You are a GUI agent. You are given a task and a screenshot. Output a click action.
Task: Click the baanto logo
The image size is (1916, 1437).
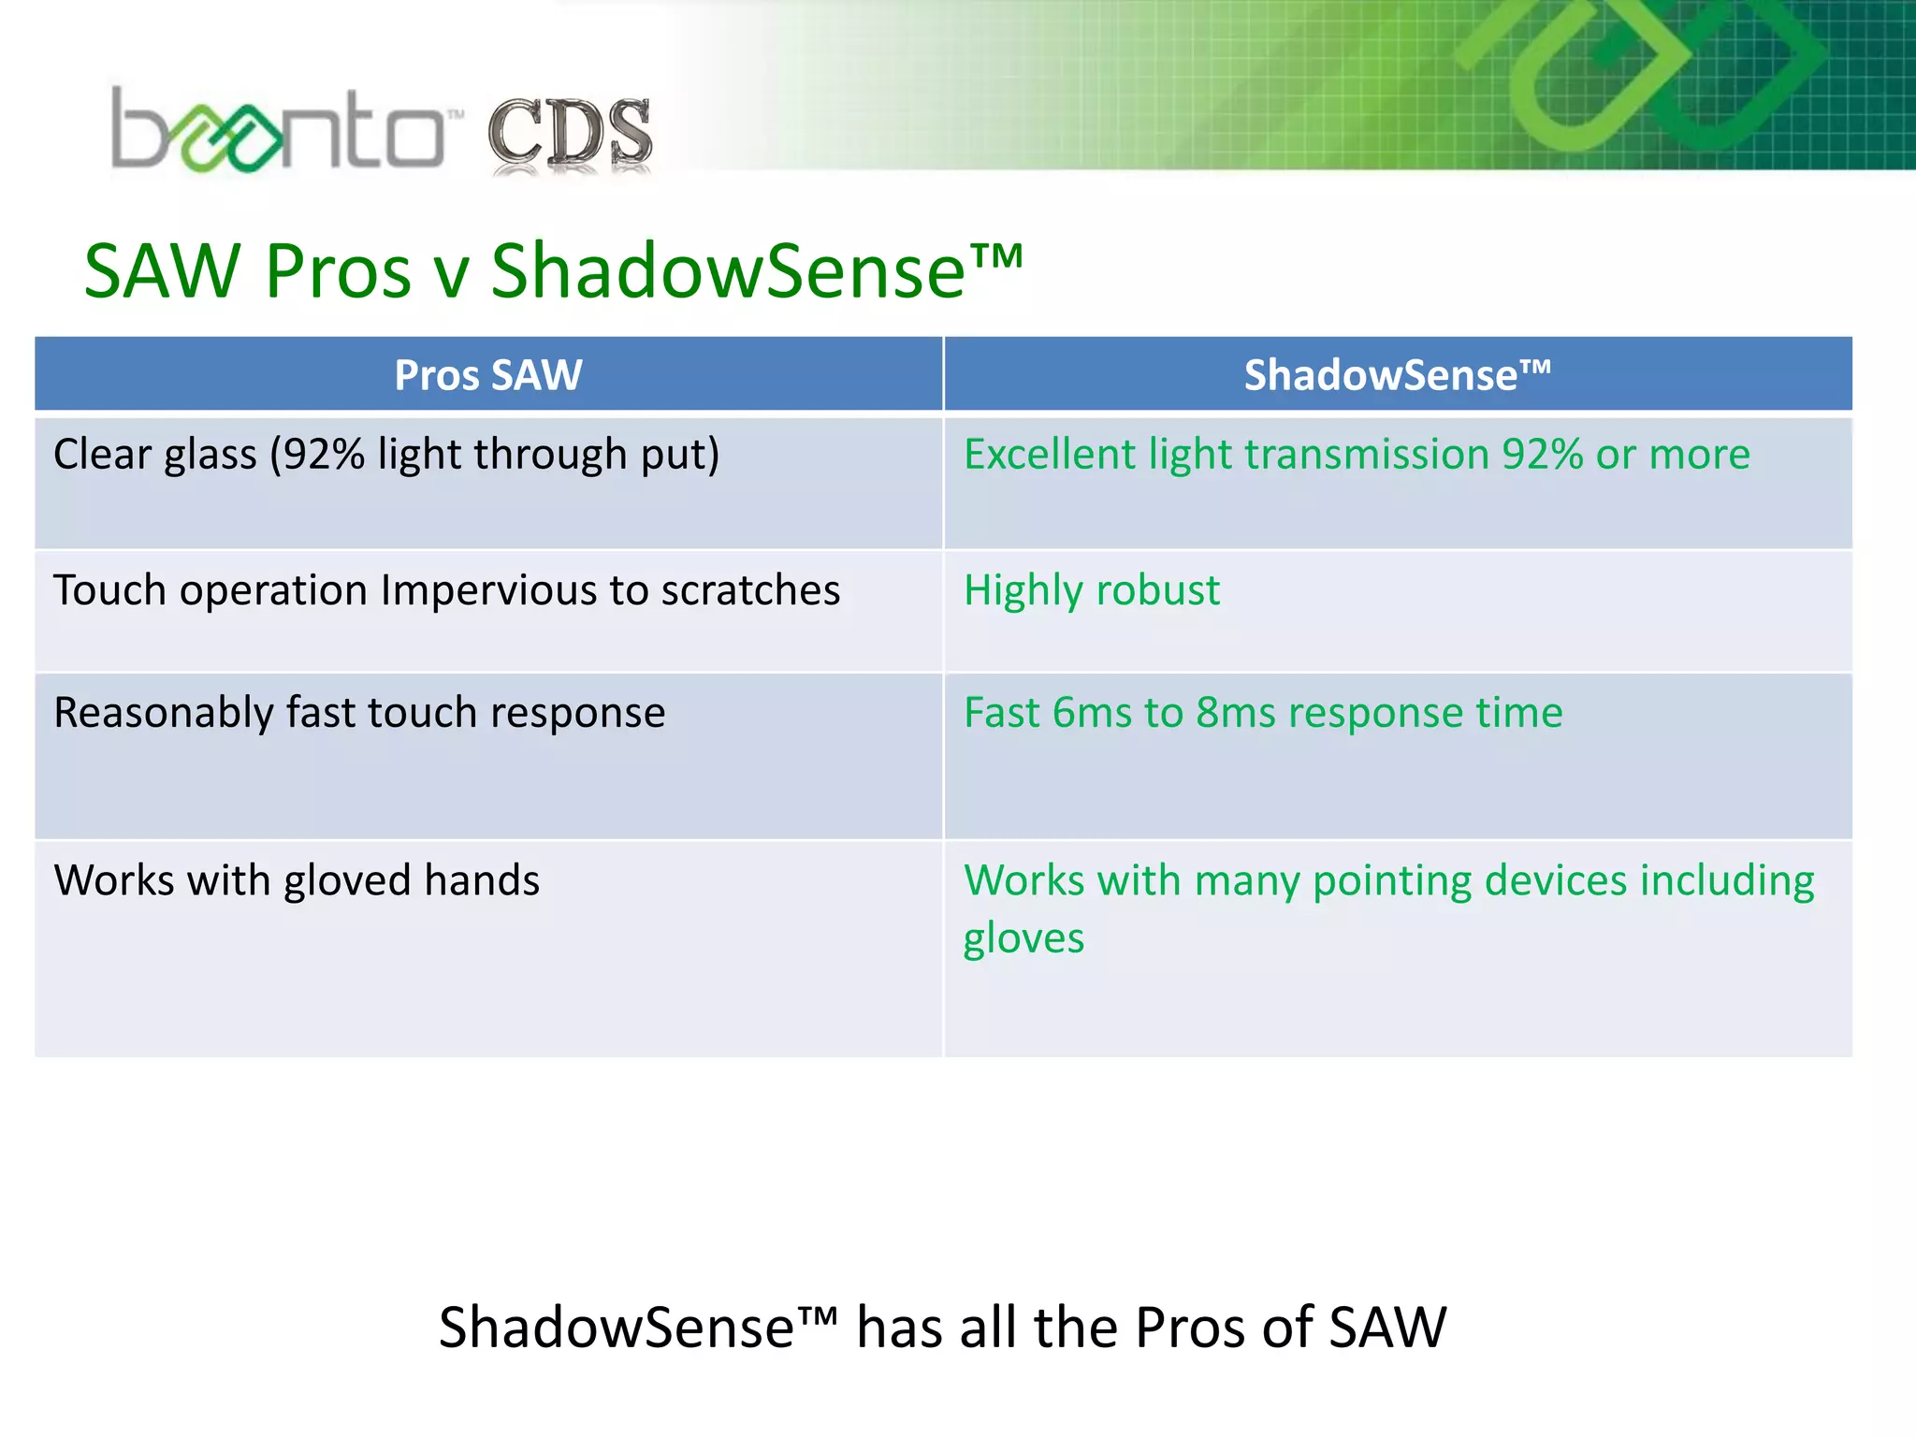pos(278,131)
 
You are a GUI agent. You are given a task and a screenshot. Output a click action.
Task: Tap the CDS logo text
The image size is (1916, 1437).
pos(569,134)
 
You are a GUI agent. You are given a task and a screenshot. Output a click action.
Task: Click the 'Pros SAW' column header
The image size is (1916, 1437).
pos(487,375)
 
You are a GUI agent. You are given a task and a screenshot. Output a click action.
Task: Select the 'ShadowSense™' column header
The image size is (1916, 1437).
pos(1397,375)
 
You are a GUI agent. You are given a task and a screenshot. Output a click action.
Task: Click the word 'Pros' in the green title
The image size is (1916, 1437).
pos(338,271)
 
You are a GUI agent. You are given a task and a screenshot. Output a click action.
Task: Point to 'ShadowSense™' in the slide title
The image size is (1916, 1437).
pos(756,271)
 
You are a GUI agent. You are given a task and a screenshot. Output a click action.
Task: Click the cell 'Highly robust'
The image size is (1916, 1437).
pos(1091,591)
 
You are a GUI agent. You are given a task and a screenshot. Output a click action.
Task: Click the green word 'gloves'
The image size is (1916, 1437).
pos(1023,939)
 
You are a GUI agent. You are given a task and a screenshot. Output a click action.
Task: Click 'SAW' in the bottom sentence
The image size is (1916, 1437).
pos(1387,1328)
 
